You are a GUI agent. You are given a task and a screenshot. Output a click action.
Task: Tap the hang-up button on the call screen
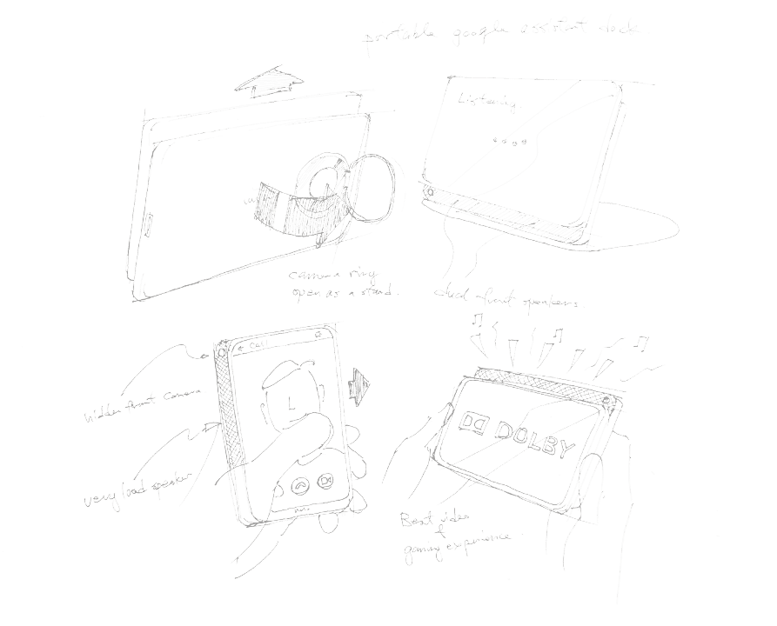[x=300, y=486]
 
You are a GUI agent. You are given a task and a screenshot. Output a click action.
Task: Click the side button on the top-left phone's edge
[x=147, y=229]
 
